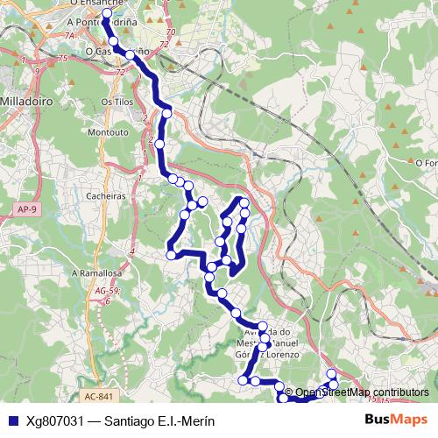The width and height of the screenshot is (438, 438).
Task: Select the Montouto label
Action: click(108, 132)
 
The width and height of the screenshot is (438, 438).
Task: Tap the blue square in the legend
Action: click(11, 421)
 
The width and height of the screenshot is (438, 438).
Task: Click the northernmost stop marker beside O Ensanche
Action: click(107, 14)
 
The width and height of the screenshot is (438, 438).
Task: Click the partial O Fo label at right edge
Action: click(426, 162)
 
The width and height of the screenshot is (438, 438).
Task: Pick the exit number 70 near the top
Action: click(170, 32)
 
